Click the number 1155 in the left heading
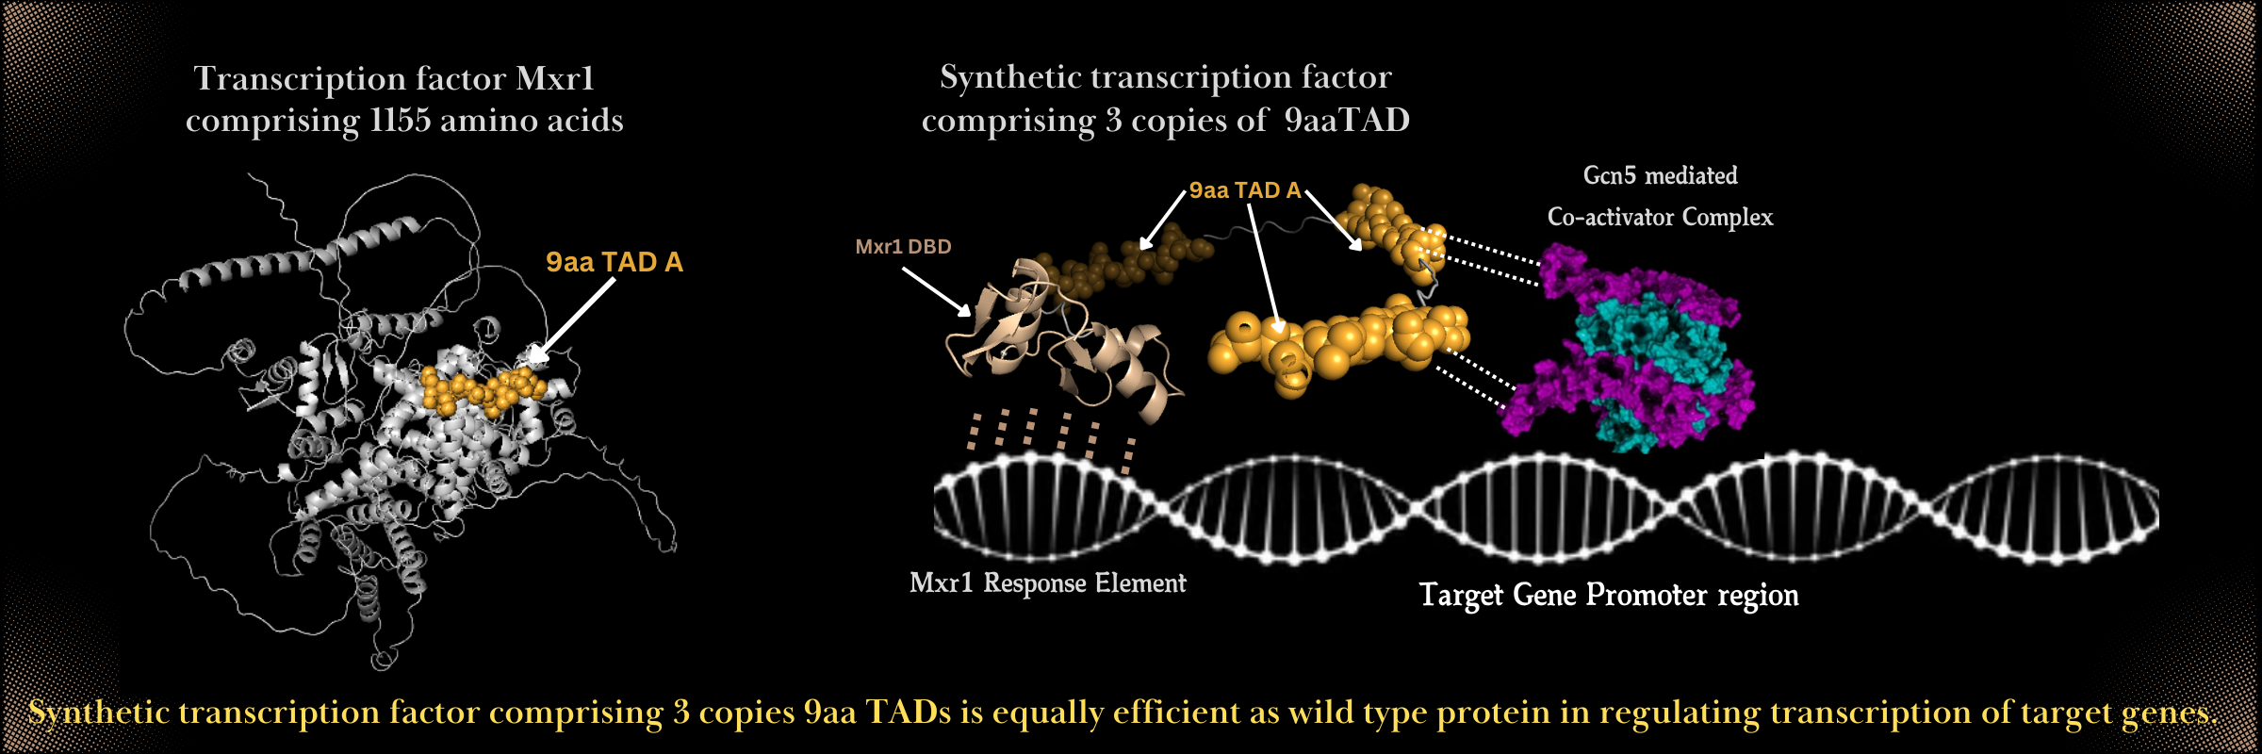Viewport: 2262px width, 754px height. pos(400,121)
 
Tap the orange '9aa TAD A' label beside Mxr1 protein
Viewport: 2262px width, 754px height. pos(615,262)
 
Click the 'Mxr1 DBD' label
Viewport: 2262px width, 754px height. pos(903,247)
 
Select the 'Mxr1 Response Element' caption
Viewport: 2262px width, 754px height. pos(1048,583)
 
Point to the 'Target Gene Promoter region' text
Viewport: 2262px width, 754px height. pos(1609,596)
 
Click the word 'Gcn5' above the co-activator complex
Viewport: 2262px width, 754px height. pos(1609,175)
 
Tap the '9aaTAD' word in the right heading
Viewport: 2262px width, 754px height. pos(1348,120)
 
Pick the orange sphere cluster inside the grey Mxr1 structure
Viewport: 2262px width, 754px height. pos(483,389)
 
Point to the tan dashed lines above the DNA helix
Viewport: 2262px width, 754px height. pos(1051,438)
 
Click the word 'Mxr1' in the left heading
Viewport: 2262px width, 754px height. pos(555,78)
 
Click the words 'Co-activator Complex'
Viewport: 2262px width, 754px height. pos(1660,218)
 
